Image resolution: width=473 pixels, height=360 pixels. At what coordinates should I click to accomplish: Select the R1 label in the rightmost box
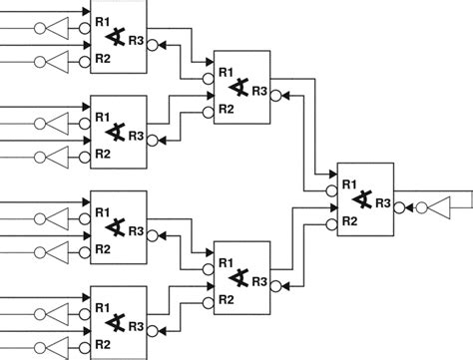click(348, 184)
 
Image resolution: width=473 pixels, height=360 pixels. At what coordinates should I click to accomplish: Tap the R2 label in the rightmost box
click(348, 220)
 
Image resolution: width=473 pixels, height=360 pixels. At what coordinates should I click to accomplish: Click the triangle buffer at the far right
click(441, 207)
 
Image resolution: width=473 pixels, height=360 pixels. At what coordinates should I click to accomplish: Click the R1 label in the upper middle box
click(226, 73)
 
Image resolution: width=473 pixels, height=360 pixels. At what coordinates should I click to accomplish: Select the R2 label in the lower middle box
click(226, 298)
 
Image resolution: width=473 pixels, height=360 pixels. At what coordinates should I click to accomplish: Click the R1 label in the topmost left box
click(102, 18)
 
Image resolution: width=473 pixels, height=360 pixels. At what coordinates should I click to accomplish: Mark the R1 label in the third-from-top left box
click(102, 209)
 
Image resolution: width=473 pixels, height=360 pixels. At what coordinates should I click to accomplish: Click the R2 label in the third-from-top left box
click(102, 249)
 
